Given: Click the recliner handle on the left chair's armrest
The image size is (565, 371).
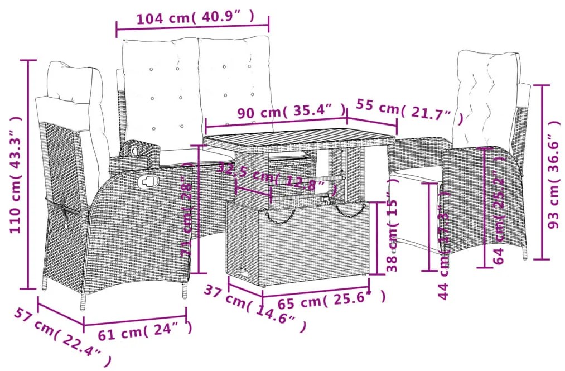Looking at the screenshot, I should point(148,180).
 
